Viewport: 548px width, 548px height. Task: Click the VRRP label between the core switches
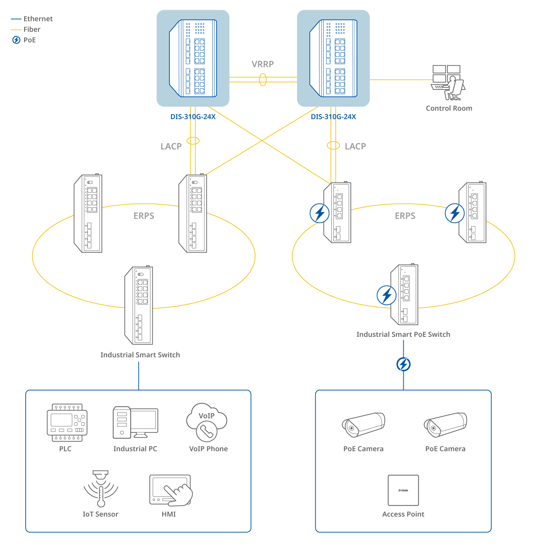[x=262, y=64]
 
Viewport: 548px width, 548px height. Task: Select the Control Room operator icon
[x=448, y=83]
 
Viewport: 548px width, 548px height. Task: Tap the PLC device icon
[x=67, y=423]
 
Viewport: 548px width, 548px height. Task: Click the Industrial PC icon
[x=135, y=422]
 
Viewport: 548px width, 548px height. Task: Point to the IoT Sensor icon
[x=101, y=488]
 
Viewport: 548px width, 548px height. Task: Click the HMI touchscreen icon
[x=170, y=490]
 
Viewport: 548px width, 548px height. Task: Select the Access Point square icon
[x=403, y=490]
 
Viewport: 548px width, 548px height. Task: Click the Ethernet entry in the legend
[x=38, y=19]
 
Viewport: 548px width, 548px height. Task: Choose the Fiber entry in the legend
[x=32, y=29]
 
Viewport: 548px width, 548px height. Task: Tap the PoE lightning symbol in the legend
[x=16, y=40]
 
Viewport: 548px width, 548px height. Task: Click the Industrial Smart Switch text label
[x=140, y=355]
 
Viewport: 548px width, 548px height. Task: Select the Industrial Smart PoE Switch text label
[x=403, y=334]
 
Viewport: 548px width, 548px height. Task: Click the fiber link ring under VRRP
[x=263, y=80]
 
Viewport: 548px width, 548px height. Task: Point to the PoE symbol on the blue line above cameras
[x=403, y=364]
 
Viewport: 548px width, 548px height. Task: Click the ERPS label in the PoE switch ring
[x=405, y=216]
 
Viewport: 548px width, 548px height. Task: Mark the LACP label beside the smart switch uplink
[x=171, y=146]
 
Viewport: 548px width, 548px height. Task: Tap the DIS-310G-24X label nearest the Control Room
[x=333, y=117]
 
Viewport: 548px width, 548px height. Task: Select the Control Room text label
[x=449, y=109]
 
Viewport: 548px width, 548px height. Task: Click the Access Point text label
[x=403, y=514]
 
